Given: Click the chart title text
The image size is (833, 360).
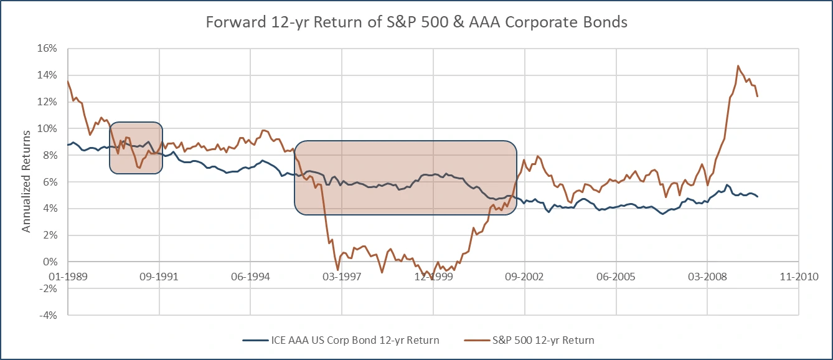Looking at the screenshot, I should coord(416,22).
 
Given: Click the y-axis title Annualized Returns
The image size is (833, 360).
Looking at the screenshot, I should coord(26,181).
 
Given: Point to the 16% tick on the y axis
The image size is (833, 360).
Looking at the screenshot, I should coord(49,49).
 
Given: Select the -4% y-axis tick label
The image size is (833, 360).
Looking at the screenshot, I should coord(49,315).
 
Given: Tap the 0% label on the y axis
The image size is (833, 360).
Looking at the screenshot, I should coord(51,262).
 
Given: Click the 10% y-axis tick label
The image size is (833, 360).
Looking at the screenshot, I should coord(49,129).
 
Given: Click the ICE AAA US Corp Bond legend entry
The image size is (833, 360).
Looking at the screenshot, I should coord(341,340).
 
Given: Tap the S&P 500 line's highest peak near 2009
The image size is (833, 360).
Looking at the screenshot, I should coord(738,65).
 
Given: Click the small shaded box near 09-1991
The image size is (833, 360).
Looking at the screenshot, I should coord(136,147).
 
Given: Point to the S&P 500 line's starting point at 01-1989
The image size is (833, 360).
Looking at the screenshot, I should coord(68,81).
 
